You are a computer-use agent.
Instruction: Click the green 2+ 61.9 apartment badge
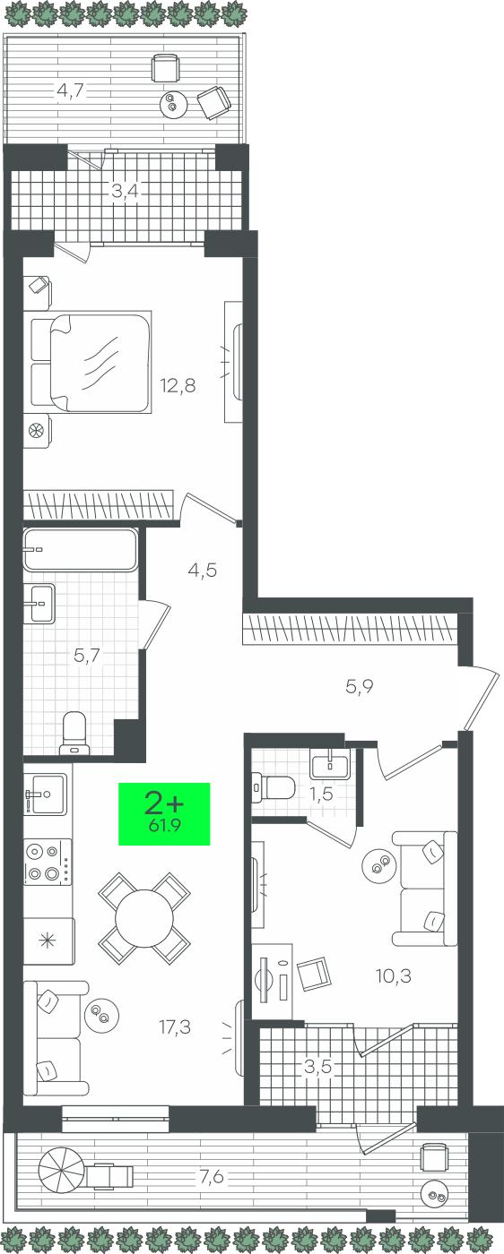(164, 813)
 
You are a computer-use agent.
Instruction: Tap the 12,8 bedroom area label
(178, 385)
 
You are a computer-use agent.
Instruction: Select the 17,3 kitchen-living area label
(174, 1026)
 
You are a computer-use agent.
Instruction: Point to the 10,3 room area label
(393, 975)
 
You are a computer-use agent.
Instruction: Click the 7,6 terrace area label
(212, 1163)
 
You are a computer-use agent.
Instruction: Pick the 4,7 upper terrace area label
(71, 90)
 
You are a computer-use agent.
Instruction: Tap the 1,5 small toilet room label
(322, 794)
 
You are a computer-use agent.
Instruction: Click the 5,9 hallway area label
(360, 686)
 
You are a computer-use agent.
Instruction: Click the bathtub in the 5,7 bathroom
(80, 550)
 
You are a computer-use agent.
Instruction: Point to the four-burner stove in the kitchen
(48, 862)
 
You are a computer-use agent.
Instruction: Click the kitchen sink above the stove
(46, 794)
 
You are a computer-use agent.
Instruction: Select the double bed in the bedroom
(91, 362)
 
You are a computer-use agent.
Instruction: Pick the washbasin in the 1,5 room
(330, 763)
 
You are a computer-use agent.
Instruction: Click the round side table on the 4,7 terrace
(171, 104)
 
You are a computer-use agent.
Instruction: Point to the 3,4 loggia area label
(125, 192)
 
